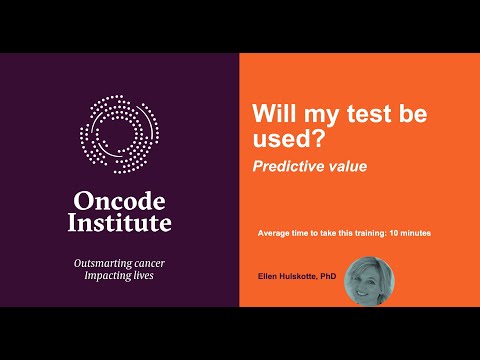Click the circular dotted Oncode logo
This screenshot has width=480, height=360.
coord(119,134)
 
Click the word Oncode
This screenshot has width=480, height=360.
coord(119,201)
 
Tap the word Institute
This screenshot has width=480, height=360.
coord(119,223)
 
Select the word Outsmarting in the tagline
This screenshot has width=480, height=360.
coord(99,264)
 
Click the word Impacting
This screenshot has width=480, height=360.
coord(105,276)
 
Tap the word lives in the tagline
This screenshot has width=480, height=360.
coord(142,275)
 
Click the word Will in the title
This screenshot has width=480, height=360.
coord(274,113)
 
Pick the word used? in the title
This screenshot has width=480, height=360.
coord(288,138)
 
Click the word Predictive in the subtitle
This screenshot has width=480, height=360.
coord(288,166)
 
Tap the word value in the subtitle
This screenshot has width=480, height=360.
coord(348,166)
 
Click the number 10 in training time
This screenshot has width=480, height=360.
coord(394,233)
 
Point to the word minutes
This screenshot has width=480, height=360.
coord(416,233)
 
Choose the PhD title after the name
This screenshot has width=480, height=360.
coord(328,276)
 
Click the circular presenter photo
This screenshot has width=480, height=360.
coord(369,281)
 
